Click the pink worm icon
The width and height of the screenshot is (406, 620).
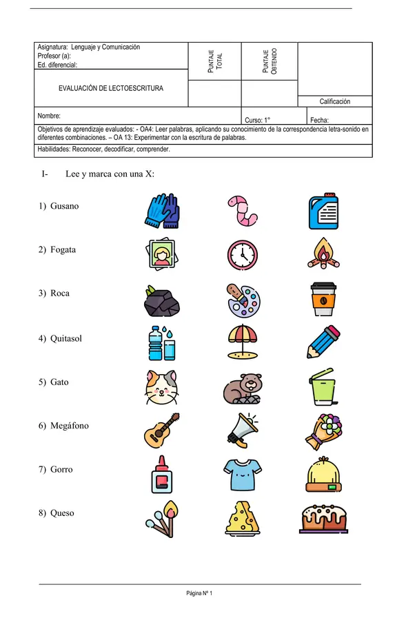(x=242, y=210)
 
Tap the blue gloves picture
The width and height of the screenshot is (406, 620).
(x=163, y=210)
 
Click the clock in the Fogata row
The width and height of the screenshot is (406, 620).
(x=243, y=255)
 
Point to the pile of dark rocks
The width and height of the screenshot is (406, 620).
(x=163, y=300)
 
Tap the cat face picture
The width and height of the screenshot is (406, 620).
(x=163, y=386)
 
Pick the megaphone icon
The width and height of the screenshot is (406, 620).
(x=243, y=431)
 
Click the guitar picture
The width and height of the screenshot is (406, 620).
(x=163, y=430)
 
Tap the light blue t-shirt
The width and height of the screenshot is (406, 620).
(x=243, y=475)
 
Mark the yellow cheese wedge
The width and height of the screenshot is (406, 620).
(x=243, y=518)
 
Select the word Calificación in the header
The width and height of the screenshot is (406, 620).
(x=334, y=101)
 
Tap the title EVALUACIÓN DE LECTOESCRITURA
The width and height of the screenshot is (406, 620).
(x=111, y=88)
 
